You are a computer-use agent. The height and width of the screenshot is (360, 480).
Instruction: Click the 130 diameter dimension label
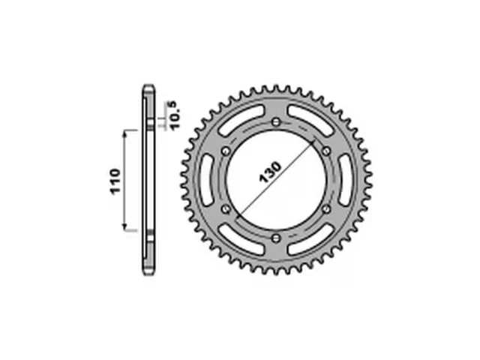[270, 172]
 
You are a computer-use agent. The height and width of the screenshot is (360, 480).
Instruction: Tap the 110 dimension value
[115, 181]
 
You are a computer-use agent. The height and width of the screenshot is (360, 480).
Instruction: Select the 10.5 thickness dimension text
[175, 115]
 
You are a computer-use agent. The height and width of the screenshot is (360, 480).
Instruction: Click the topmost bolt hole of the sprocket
[276, 121]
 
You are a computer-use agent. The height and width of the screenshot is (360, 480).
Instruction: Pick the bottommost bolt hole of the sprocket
[276, 238]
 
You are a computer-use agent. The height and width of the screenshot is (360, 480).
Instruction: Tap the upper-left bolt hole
[226, 151]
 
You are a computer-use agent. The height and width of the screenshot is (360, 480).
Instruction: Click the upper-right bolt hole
[326, 151]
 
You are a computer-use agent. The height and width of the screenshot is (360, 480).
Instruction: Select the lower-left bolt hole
[226, 209]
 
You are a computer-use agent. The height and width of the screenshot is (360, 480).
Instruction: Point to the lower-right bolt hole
[326, 209]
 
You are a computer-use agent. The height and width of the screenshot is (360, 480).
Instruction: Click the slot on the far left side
[207, 180]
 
